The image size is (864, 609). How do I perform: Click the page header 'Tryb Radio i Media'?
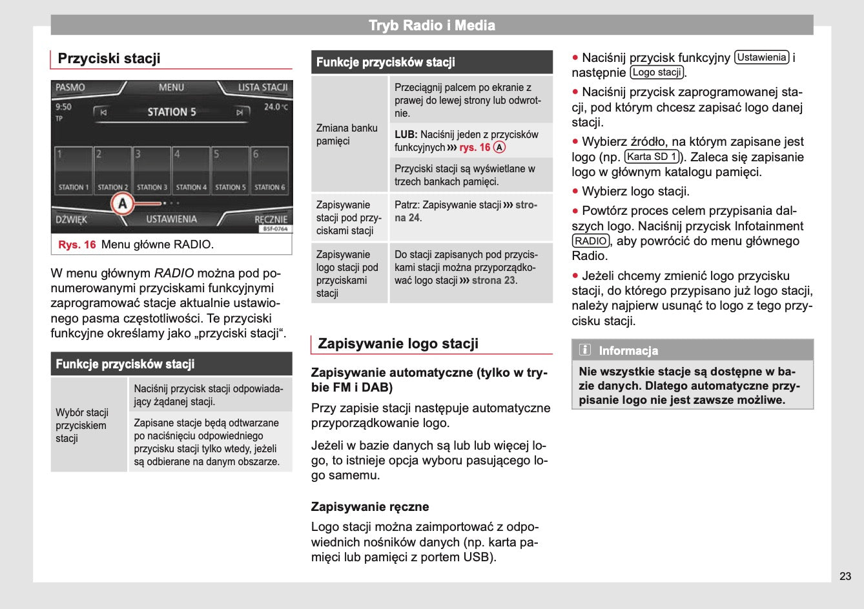click(431, 26)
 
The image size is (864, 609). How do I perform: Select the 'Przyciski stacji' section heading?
click(109, 59)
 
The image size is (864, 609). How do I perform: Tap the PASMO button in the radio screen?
click(70, 88)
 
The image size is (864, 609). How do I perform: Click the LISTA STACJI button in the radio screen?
click(262, 88)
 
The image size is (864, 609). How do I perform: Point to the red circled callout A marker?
click(122, 204)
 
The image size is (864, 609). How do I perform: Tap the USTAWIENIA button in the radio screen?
click(171, 219)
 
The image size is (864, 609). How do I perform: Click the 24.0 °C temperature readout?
click(276, 107)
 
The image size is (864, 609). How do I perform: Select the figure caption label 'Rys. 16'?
click(77, 245)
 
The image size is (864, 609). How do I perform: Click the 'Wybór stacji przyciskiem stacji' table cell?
click(82, 425)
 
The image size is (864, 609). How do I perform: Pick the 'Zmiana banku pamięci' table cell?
click(347, 134)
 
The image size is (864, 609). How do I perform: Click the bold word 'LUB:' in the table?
click(406, 135)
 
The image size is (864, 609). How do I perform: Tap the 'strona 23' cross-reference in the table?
click(494, 281)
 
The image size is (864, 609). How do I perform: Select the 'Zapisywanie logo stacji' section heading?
click(398, 344)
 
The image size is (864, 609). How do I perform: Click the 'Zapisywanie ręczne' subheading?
click(370, 507)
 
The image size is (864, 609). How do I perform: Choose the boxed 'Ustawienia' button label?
click(762, 57)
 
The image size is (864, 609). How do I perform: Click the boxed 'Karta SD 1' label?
click(652, 157)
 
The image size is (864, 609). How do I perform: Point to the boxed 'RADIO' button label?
click(591, 241)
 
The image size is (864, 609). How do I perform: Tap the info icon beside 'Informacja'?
click(585, 350)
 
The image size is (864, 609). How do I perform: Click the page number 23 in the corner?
click(845, 576)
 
